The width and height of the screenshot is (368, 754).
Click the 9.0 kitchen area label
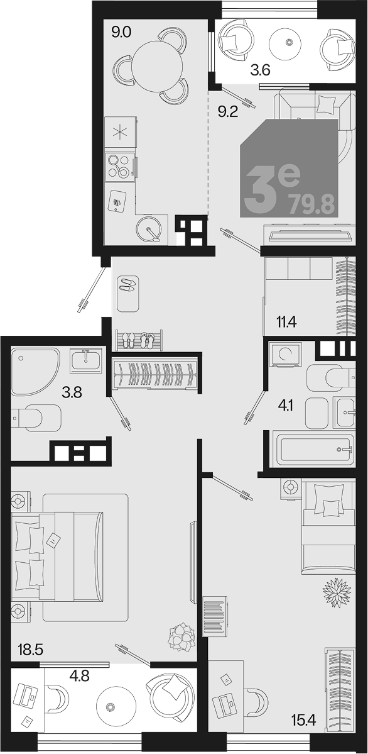pos(122,34)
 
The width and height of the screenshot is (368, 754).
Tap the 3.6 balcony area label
pos(261,70)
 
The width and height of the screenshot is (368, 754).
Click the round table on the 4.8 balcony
pos(113,706)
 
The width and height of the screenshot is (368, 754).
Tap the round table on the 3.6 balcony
pos(289,43)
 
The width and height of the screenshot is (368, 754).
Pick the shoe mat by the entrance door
pos(128,293)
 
